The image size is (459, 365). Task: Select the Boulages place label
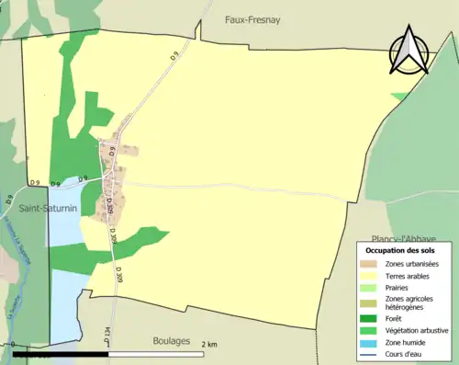pyautogui.click(x=177, y=340)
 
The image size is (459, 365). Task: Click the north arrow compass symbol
pyautogui.click(x=409, y=50)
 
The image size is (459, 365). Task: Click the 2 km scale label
pyautogui.click(x=210, y=345)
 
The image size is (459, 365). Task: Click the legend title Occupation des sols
pyautogui.click(x=400, y=250)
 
